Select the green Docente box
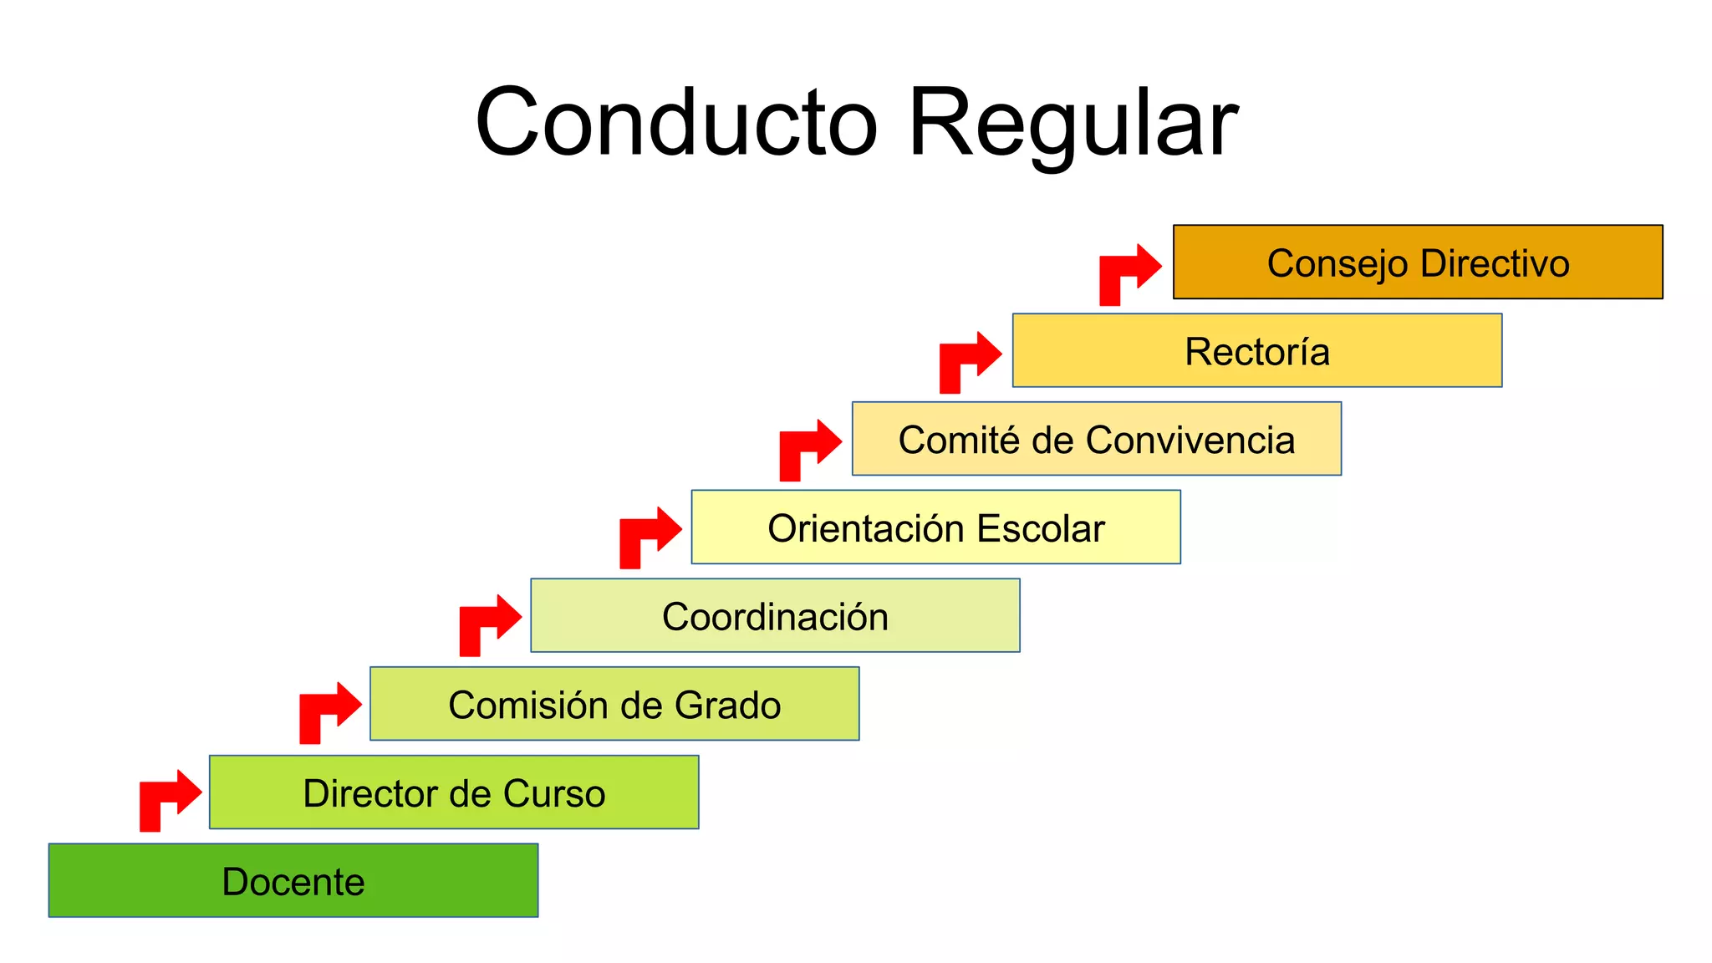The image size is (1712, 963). coord(293,880)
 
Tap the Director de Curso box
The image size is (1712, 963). coord(454,792)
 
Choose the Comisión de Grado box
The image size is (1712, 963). coord(614,704)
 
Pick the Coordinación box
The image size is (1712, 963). coord(775,615)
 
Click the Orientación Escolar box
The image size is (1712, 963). coord(935,527)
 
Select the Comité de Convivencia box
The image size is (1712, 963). coord(1096,439)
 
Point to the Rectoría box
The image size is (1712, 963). coord(1256,350)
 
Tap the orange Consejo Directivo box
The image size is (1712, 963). coord(1418,262)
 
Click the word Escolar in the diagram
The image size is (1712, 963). coord(1040,528)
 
